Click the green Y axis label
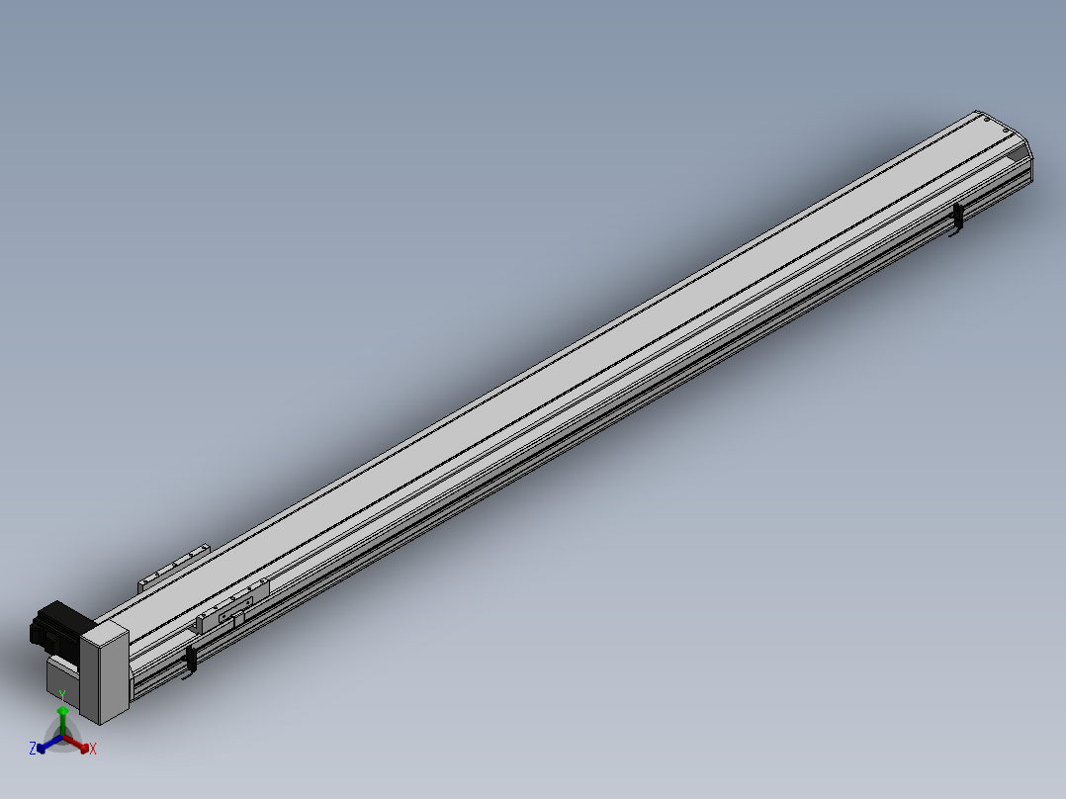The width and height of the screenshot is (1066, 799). pyautogui.click(x=62, y=695)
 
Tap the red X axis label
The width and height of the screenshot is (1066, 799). pyautogui.click(x=93, y=749)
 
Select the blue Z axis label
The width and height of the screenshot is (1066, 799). pyautogui.click(x=32, y=749)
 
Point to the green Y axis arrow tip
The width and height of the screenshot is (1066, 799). pyautogui.click(x=62, y=708)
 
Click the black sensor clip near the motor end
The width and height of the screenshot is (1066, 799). pyautogui.click(x=191, y=661)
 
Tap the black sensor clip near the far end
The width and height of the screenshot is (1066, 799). pyautogui.click(x=957, y=219)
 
